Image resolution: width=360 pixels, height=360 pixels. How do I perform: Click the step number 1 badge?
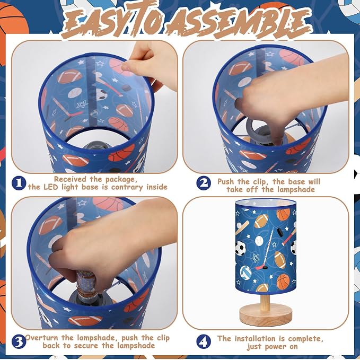coord(19,182)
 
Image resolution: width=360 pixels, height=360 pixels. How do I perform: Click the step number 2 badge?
coord(204,183)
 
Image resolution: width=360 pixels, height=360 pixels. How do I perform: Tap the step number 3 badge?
coord(19,342)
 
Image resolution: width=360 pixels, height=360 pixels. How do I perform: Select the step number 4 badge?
coord(204,341)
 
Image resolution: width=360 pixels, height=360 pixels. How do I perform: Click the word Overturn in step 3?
coord(42,338)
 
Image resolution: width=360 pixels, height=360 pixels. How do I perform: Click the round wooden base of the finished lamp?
coord(266,314)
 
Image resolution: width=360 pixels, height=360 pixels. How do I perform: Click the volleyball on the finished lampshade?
coord(245,272)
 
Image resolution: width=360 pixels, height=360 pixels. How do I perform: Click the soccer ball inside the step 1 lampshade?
coord(101,94)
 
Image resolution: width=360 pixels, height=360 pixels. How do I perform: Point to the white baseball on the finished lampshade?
coord(259,241)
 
